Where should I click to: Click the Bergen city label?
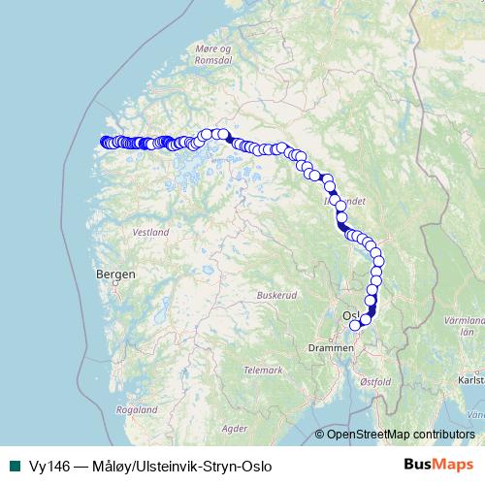pyautogui.click(x=115, y=275)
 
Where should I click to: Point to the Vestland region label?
pyautogui.click(x=151, y=233)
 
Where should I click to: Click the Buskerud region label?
pyautogui.click(x=275, y=294)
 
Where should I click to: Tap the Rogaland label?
pyautogui.click(x=135, y=410)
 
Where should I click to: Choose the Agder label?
pyautogui.click(x=234, y=427)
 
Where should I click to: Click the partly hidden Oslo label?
pyautogui.click(x=350, y=315)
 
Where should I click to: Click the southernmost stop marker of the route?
pyautogui.click(x=355, y=326)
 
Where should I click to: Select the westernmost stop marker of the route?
pyautogui.click(x=105, y=143)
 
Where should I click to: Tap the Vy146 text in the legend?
pyautogui.click(x=45, y=466)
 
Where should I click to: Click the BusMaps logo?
pyautogui.click(x=436, y=466)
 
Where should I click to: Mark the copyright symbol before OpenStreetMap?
pyautogui.click(x=320, y=435)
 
